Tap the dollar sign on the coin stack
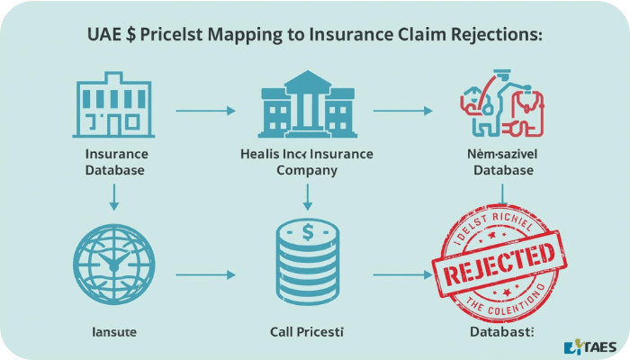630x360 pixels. (x=307, y=232)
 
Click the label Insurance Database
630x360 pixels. (x=115, y=161)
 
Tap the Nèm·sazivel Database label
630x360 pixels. (x=500, y=161)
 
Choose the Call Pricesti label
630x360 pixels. (x=307, y=332)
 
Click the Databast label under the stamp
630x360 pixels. (x=501, y=332)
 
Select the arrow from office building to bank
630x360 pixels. (x=205, y=111)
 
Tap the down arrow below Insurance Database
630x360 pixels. (x=114, y=196)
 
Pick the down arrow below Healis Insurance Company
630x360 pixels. (x=307, y=195)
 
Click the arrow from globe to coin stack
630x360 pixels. (x=205, y=273)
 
